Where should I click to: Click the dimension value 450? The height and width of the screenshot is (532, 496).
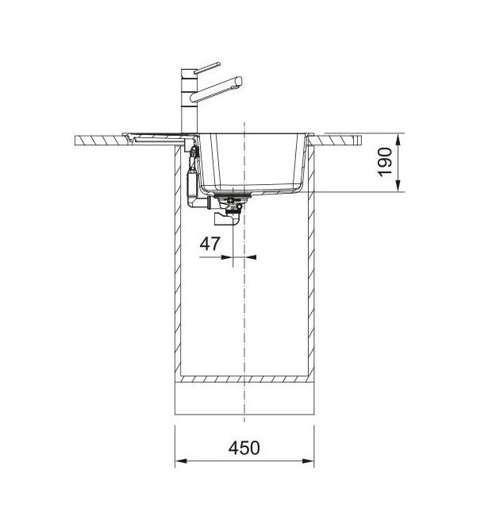(244, 448)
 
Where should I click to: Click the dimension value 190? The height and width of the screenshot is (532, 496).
(385, 162)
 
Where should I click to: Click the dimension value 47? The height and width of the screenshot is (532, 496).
(210, 244)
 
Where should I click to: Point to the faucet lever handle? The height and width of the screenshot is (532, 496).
(207, 67)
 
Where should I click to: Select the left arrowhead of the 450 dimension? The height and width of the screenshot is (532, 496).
(181, 461)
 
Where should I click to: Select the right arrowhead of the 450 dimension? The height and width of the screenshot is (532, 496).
(308, 461)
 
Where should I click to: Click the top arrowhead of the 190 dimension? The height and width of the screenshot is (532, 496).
(399, 139)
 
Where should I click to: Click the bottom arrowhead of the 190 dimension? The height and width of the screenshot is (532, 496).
(399, 186)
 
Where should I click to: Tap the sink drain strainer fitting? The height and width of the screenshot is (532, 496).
(233, 195)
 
